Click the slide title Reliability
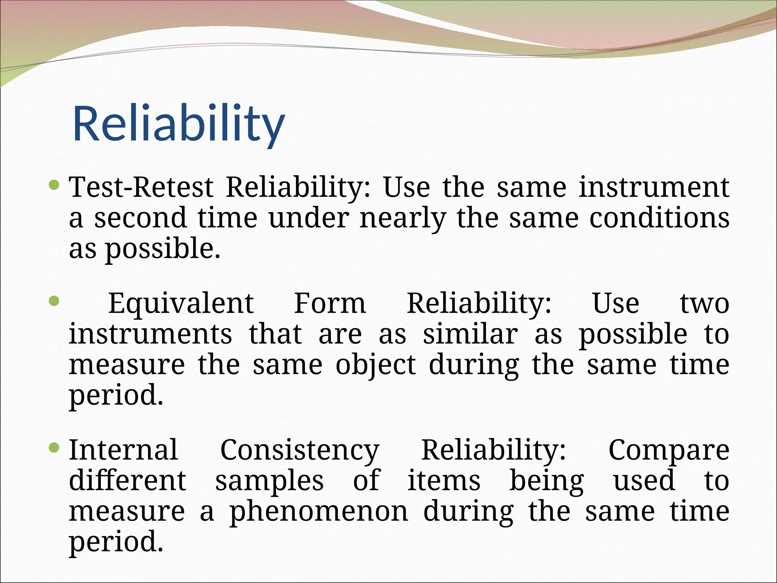(178, 124)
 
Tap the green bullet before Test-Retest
(55, 185)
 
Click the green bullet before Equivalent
(55, 301)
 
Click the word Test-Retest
(141, 188)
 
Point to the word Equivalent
(181, 304)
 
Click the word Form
(330, 304)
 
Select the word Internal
(123, 450)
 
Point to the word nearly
(403, 219)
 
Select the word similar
(470, 334)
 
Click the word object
(376, 366)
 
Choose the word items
(444, 481)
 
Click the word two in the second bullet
(704, 304)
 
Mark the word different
(127, 481)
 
